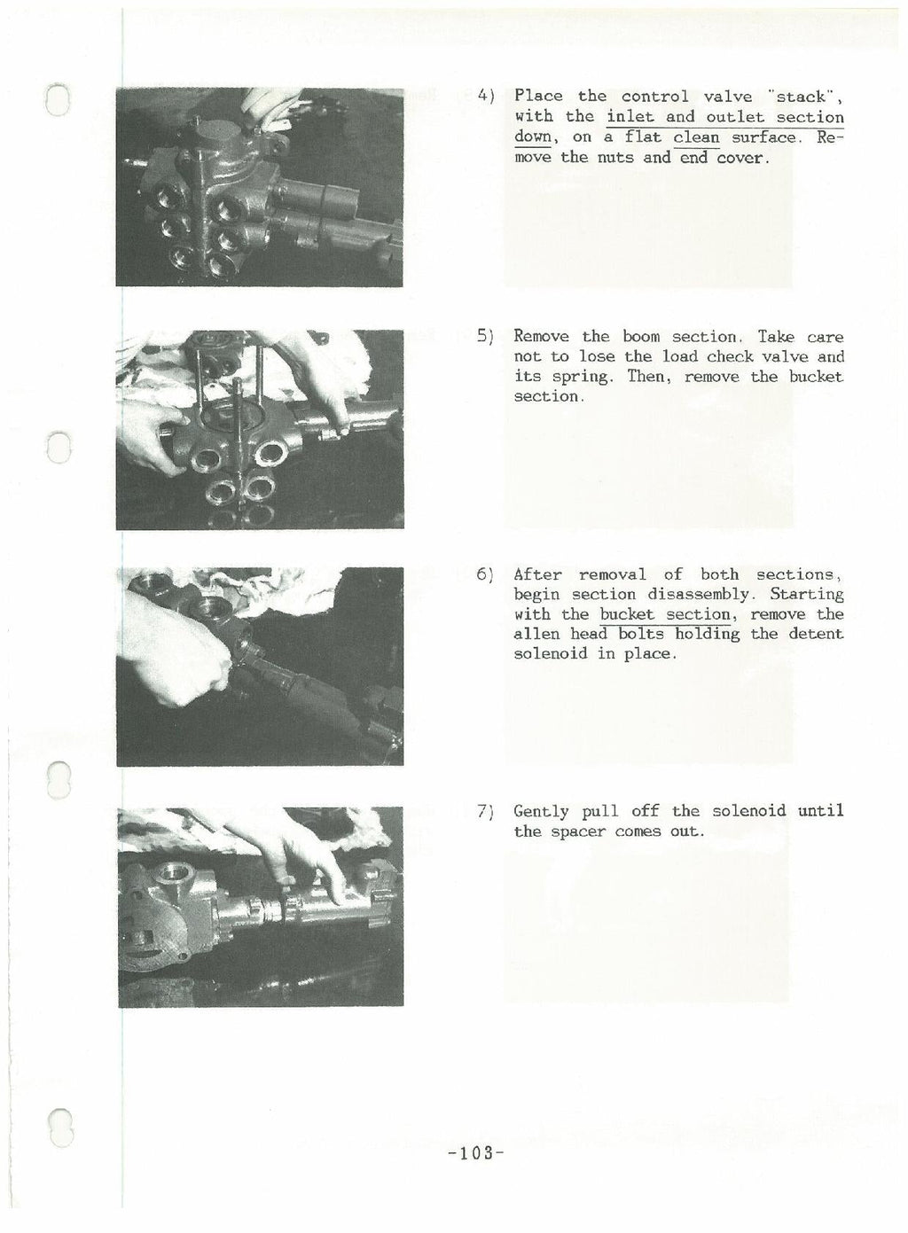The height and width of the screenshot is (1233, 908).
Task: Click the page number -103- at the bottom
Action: click(476, 1153)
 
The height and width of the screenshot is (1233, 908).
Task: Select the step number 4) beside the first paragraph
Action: click(485, 96)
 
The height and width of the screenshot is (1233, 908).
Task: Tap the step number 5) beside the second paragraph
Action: click(485, 337)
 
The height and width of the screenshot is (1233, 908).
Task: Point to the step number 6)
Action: click(485, 574)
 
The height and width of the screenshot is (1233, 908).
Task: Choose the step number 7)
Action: click(485, 811)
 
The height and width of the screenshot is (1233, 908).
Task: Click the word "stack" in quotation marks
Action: click(804, 96)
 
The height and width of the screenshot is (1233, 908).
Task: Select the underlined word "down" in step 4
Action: click(533, 137)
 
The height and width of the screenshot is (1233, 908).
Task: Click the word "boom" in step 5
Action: click(641, 337)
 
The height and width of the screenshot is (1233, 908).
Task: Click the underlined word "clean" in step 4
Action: click(696, 137)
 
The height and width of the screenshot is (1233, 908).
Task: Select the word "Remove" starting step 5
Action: click(541, 337)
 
